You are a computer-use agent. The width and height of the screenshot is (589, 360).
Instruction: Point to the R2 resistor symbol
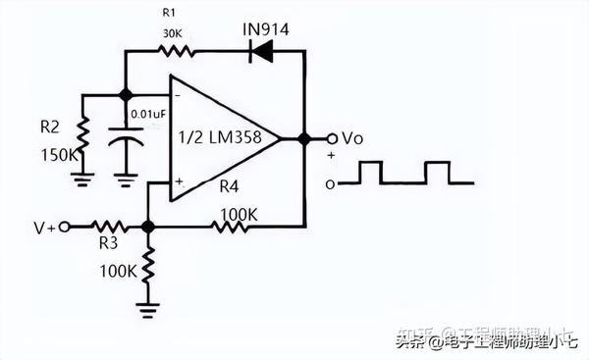click(x=82, y=132)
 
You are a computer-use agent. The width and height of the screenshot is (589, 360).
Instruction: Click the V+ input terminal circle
click(x=66, y=227)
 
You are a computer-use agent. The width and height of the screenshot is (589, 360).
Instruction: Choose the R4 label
click(x=230, y=186)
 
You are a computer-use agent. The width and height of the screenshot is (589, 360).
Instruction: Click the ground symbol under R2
click(x=82, y=179)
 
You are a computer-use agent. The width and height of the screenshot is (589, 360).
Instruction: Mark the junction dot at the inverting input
click(x=125, y=95)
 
